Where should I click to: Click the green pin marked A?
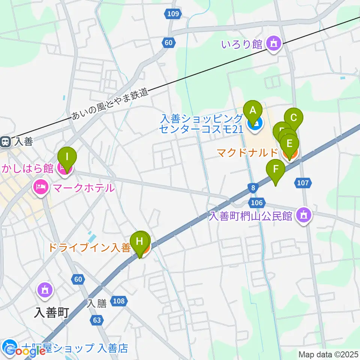click(252, 111)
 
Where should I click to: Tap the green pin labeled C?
click(294, 118)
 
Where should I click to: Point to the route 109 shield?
click(173, 14)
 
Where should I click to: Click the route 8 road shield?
click(254, 187)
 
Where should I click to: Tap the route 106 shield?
click(255, 203)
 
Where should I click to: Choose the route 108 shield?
click(118, 301)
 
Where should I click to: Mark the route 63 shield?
click(97, 320)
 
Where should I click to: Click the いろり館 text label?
click(242, 44)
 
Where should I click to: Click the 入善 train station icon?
click(6, 142)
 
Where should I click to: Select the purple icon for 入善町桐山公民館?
click(303, 215)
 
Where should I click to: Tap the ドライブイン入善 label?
click(89, 248)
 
